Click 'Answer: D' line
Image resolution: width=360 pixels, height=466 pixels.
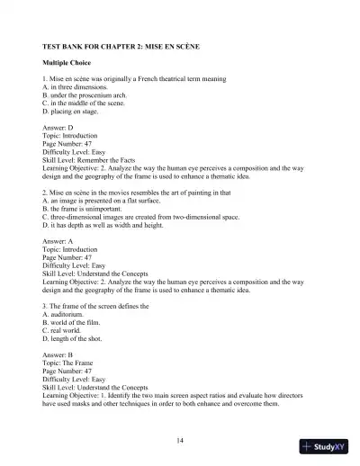coord(60,129)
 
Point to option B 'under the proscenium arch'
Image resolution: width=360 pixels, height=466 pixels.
coord(92,96)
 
